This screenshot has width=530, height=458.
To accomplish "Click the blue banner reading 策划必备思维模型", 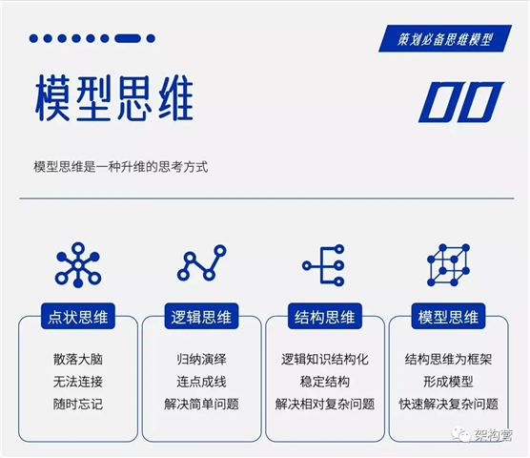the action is [445, 38].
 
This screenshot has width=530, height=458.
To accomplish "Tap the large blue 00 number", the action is [461, 102].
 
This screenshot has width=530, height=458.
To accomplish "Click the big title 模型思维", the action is [114, 98].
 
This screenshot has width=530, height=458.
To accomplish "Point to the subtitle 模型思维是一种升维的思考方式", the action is [121, 167].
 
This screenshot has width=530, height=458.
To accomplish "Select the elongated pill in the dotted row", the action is [128, 38].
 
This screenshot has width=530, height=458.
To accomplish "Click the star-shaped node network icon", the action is [78, 265].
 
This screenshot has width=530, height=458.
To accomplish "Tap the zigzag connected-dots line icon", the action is [201, 262].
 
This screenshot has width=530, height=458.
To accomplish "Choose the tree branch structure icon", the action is [324, 265].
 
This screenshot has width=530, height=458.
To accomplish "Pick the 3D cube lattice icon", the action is [448, 265].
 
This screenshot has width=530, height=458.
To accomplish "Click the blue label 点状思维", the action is [78, 317].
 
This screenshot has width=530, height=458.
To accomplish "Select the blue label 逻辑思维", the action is [201, 317].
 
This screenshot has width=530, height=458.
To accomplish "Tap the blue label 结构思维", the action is [325, 317].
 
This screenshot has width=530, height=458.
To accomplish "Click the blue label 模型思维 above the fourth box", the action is [448, 317].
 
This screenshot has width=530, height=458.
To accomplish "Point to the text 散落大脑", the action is [78, 359].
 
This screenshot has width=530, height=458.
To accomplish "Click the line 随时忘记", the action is [78, 404].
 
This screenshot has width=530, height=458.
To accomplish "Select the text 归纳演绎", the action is [201, 359].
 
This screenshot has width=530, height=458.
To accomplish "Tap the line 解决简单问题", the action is [201, 404].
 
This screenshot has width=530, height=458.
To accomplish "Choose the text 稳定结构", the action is [325, 382].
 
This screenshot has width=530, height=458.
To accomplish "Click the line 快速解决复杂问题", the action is [449, 404].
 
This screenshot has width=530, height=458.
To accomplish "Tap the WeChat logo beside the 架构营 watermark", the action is [460, 434].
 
